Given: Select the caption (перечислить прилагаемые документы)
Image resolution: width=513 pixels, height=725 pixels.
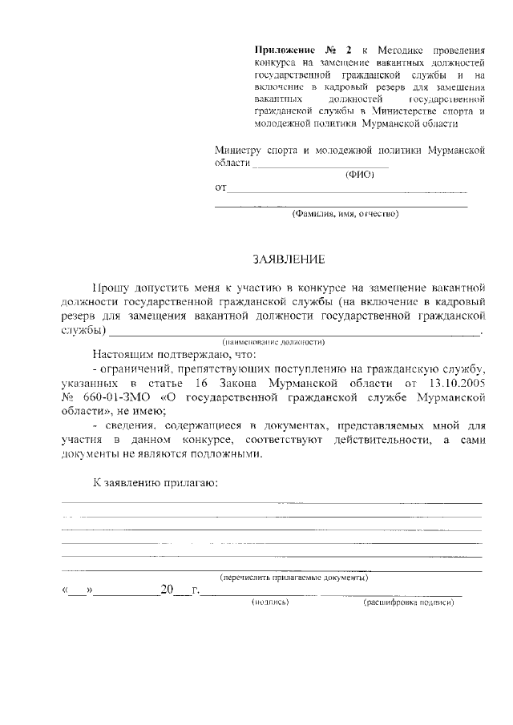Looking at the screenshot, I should (294, 577).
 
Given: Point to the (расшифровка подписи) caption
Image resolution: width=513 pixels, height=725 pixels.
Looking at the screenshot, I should (409, 602).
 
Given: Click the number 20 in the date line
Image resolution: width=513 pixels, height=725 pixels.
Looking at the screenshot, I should (166, 590).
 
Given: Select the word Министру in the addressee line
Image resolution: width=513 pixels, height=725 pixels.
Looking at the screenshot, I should (237, 150).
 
